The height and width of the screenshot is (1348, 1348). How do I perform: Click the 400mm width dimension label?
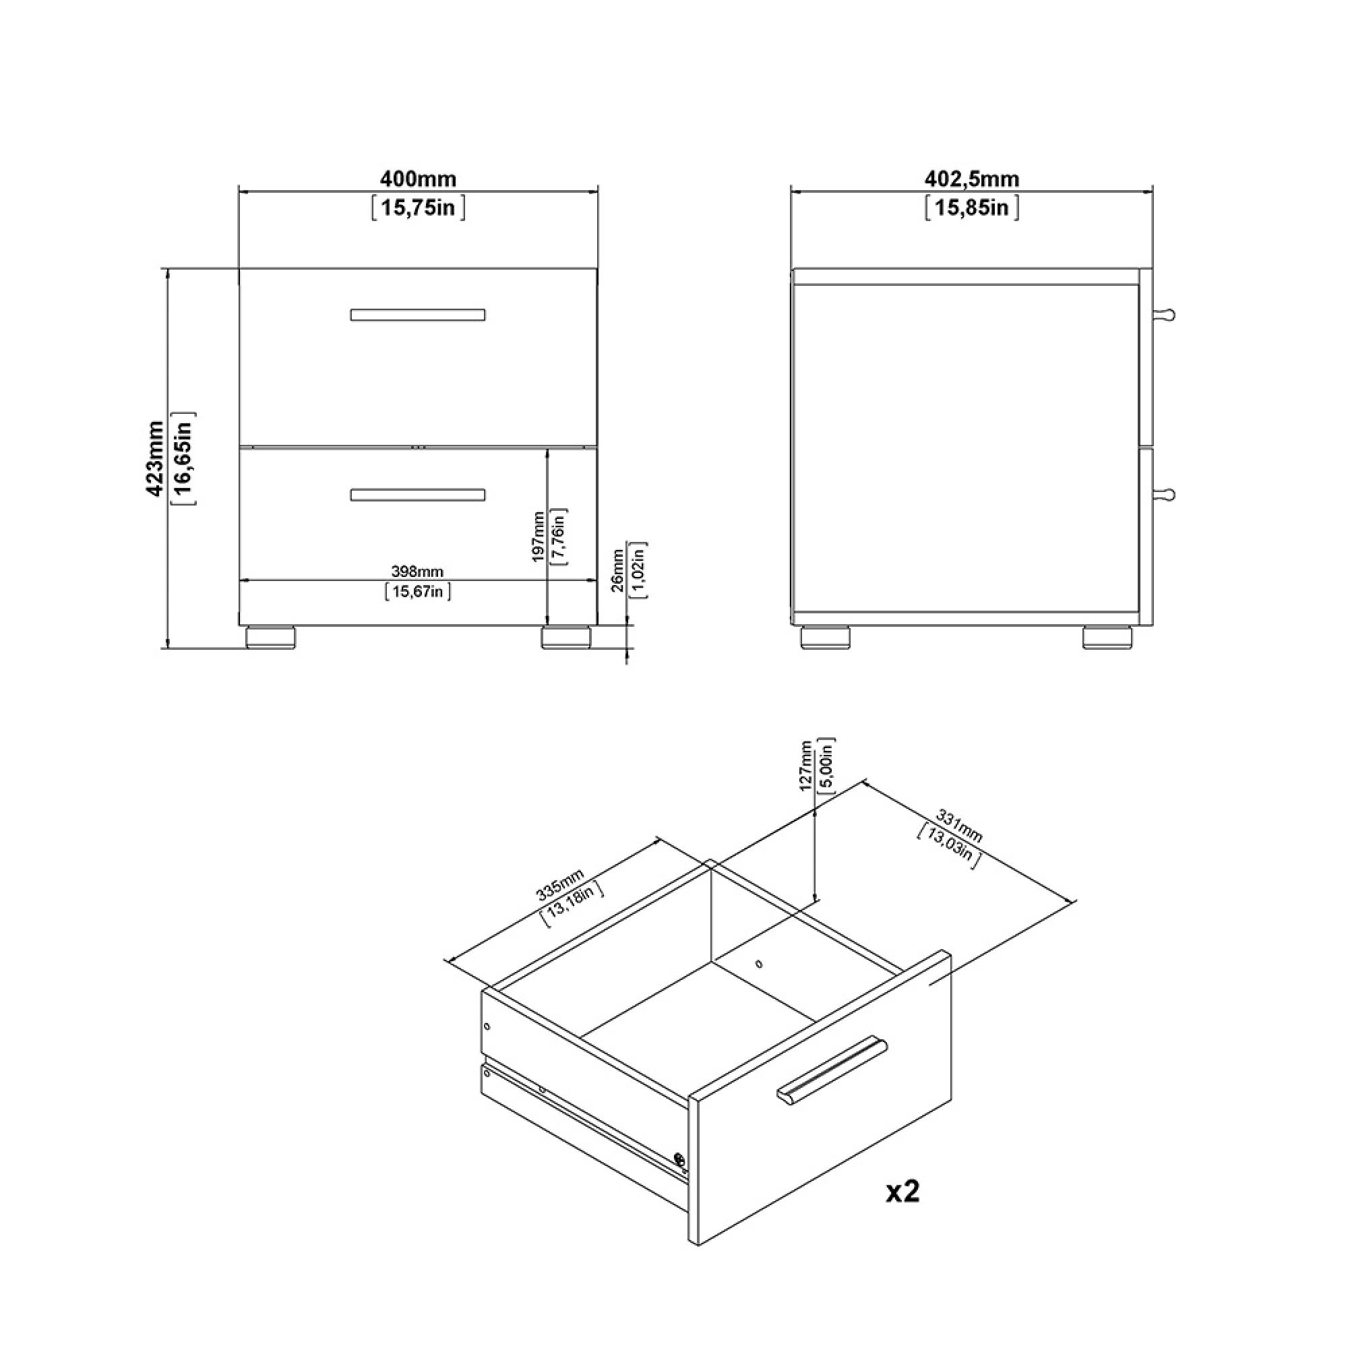[418, 179]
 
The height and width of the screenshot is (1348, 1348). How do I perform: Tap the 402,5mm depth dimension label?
[972, 179]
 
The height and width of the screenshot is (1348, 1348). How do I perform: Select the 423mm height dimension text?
[155, 458]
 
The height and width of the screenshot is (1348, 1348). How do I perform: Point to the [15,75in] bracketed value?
[418, 208]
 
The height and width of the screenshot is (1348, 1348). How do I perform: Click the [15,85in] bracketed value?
[972, 208]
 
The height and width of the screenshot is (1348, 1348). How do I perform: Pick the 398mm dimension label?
[417, 572]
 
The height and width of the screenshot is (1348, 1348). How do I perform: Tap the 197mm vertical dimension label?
[538, 537]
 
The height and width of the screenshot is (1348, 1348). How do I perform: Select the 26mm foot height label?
[617, 571]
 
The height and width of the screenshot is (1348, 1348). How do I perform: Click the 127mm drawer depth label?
[807, 766]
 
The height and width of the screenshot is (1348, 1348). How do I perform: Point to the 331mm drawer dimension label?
[958, 826]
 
